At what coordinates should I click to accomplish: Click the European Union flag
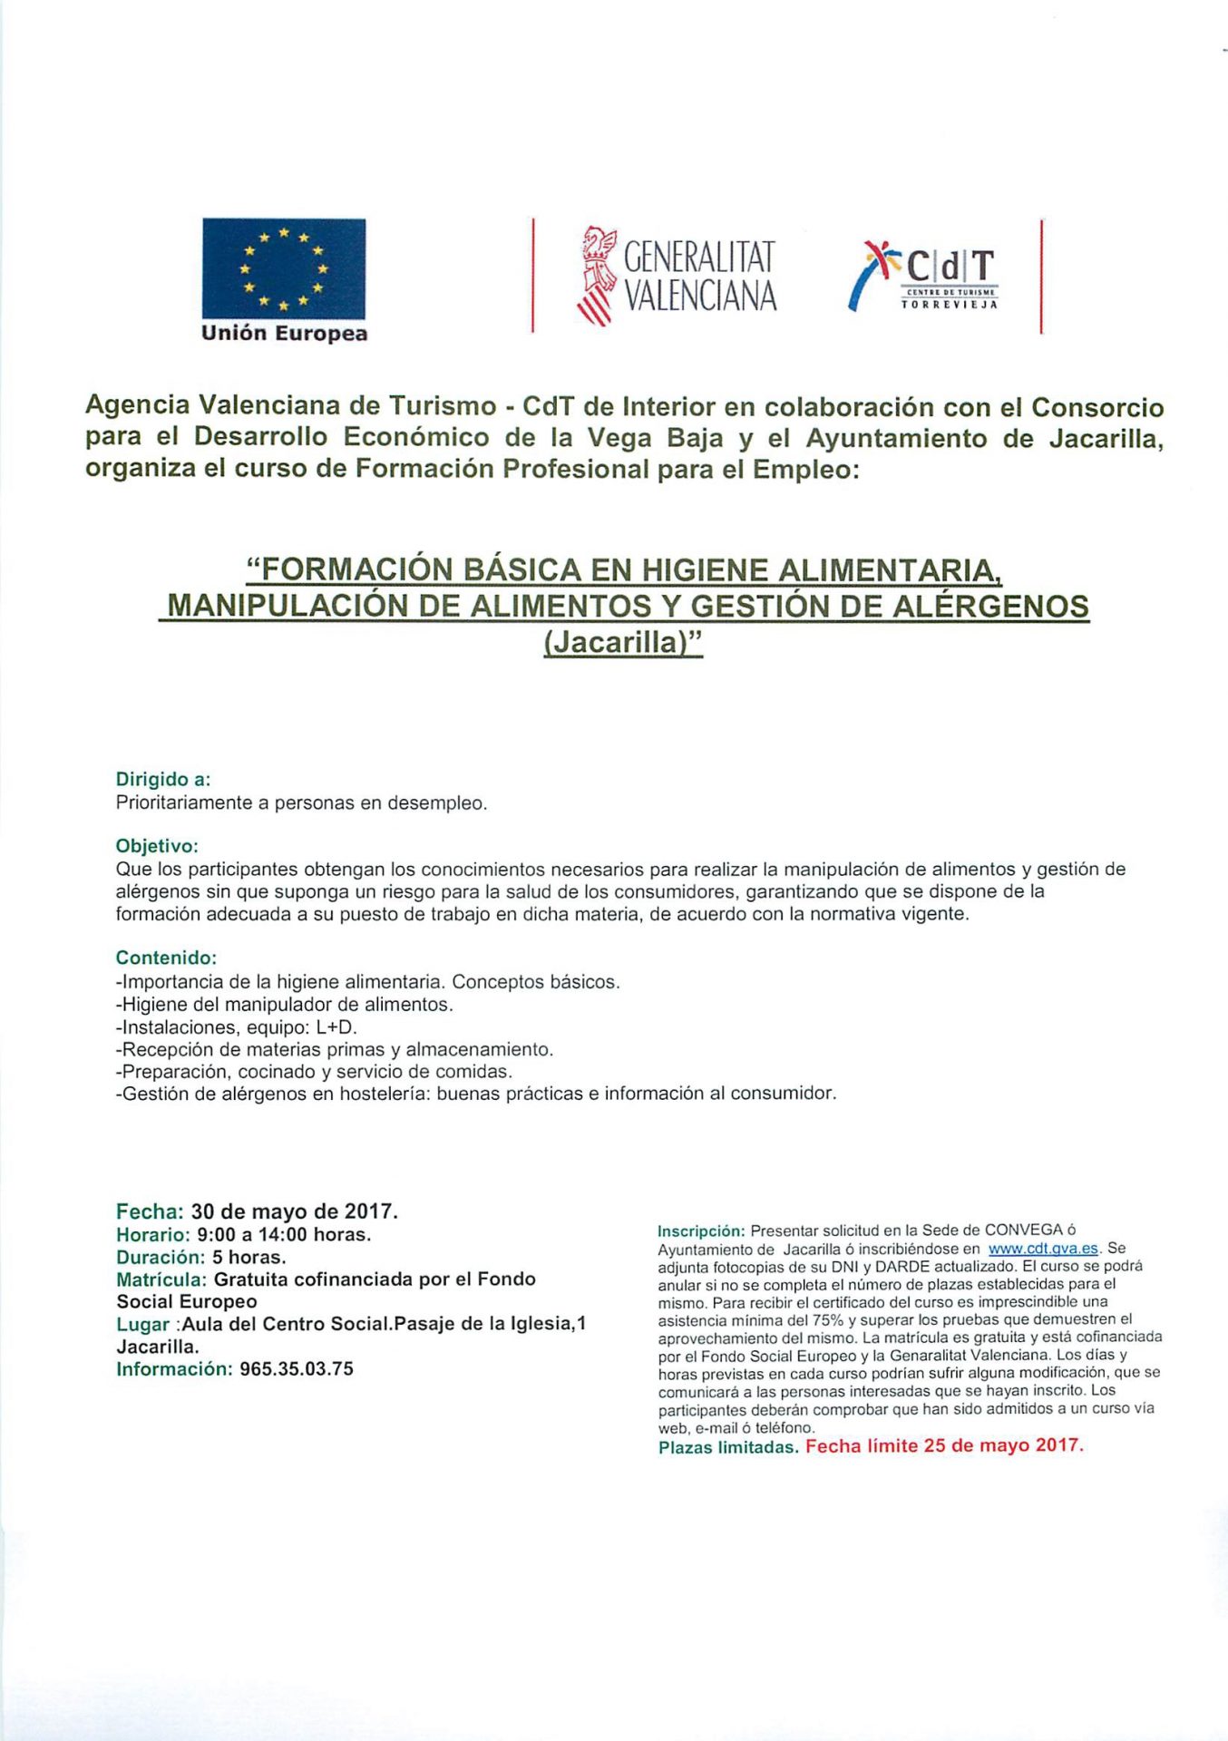coord(283,267)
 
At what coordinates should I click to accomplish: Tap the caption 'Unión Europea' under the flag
coord(284,334)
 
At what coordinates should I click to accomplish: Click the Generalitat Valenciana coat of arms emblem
coord(597,275)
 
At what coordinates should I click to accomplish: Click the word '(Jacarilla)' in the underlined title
coord(623,642)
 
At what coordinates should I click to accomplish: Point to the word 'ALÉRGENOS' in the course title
coord(990,606)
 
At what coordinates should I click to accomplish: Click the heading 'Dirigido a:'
coord(163,779)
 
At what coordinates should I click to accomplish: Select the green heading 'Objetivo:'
coord(157,846)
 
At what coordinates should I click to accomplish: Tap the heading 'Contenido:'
coord(166,958)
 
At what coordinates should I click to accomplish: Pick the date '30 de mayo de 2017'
coord(293,1211)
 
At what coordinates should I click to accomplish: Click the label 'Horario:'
coord(152,1234)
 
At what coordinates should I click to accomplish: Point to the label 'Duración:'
coord(161,1257)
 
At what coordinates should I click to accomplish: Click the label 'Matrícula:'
coord(161,1279)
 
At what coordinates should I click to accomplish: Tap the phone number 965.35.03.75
coord(297,1369)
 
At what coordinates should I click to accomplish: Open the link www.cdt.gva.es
coord(1043,1249)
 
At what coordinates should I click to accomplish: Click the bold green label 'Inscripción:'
coord(700,1231)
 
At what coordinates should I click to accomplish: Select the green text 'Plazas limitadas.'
coord(728,1447)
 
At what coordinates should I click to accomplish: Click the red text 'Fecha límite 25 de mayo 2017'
coord(944,1446)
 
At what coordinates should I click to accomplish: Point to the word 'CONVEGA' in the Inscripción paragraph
coord(1023,1230)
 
